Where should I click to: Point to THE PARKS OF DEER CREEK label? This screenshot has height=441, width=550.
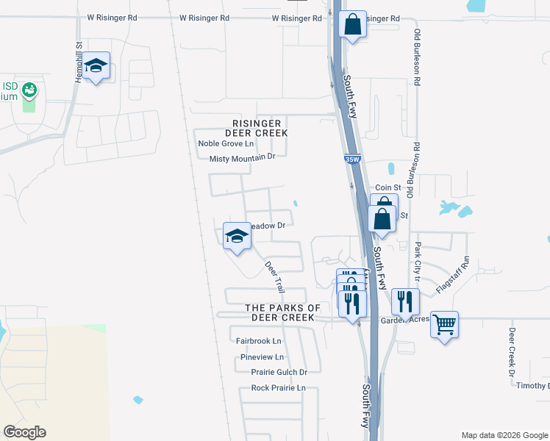(283, 312)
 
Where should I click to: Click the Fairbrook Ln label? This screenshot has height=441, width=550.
(259, 341)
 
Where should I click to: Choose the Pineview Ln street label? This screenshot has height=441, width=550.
(262, 357)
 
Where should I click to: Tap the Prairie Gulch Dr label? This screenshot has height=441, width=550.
(279, 373)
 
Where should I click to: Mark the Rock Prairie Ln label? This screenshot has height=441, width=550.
(278, 388)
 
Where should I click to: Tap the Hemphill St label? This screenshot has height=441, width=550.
(78, 62)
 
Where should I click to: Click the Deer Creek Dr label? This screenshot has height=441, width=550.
(512, 352)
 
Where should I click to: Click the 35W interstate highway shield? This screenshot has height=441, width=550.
(352, 159)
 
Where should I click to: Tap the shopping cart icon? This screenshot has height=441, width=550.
(444, 323)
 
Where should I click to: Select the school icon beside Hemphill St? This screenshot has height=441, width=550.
(96, 66)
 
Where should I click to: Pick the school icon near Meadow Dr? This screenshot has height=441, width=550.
(237, 236)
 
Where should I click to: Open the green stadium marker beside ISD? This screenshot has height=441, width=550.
(29, 90)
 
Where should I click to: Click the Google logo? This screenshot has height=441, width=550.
(24, 432)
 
